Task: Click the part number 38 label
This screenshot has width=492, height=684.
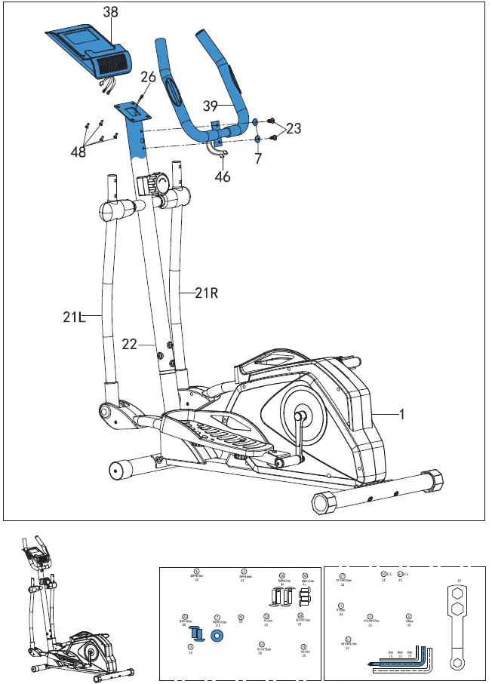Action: pos(110,13)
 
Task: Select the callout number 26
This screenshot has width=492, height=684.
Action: pos(148,76)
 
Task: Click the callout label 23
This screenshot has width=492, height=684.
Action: pos(293,129)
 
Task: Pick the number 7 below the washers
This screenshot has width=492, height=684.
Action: pos(258,159)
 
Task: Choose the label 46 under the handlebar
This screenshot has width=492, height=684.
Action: pos(223,177)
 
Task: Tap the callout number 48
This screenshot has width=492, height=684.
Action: pos(78,151)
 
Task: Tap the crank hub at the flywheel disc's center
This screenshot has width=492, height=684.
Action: pos(300,414)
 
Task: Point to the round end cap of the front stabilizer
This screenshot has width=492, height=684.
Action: pos(118,470)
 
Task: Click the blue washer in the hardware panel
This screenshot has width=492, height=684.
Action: pos(219,633)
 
